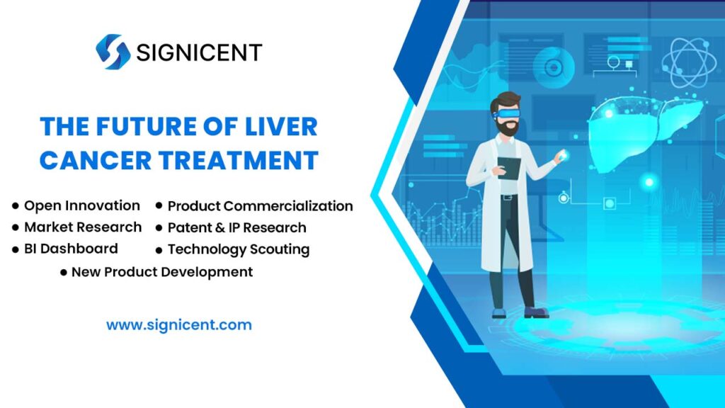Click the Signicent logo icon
113,52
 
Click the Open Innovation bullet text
82,205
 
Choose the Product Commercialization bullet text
260,206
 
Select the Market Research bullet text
83,227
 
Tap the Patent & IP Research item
236,228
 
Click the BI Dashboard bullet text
71,249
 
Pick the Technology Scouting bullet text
239,249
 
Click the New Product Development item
162,271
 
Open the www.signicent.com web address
179,326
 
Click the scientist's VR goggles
506,112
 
